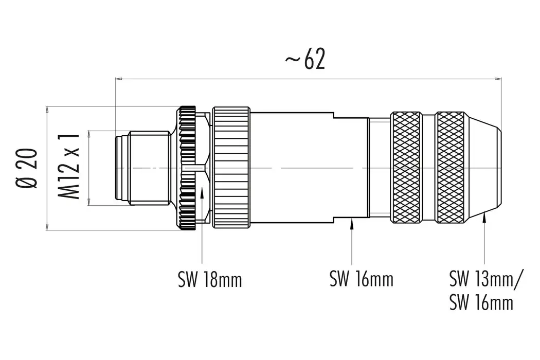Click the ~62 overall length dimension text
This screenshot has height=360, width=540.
click(x=305, y=60)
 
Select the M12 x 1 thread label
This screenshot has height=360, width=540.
click(x=68, y=166)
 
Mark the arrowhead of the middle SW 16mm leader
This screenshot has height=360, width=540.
click(x=351, y=221)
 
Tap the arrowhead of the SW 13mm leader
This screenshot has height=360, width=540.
click(x=484, y=219)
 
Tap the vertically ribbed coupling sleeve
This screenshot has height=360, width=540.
click(x=231, y=168)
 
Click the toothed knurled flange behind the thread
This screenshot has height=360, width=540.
click(x=187, y=168)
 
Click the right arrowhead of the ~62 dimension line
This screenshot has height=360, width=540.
click(x=498, y=79)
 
